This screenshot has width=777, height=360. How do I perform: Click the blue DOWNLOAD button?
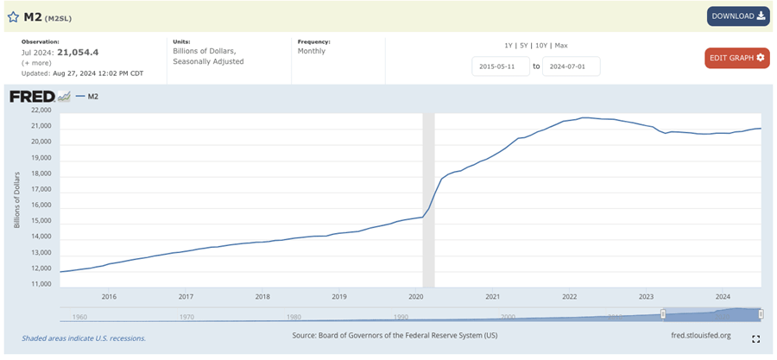pyautogui.click(x=738, y=16)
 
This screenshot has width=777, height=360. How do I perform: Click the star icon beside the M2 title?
pyautogui.click(x=13, y=16)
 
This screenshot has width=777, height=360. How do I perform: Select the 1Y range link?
pyautogui.click(x=509, y=45)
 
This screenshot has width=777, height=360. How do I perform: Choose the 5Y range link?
pyautogui.click(x=524, y=45)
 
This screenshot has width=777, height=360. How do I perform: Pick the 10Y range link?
pyautogui.click(x=541, y=45)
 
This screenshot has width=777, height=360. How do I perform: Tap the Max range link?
pyautogui.click(x=561, y=45)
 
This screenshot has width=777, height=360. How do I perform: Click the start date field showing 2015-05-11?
pyautogui.click(x=501, y=66)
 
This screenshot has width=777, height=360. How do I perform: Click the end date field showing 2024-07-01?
pyautogui.click(x=571, y=66)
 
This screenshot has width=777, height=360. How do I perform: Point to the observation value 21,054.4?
pyautogui.click(x=78, y=53)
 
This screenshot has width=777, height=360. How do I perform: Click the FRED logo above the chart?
pyautogui.click(x=32, y=96)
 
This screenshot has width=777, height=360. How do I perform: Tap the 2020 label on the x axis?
pyautogui.click(x=415, y=296)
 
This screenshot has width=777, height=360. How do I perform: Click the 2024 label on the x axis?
pyautogui.click(x=723, y=296)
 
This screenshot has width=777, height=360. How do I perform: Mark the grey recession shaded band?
pyautogui.click(x=427, y=199)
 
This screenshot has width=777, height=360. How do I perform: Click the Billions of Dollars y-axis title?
pyautogui.click(x=16, y=198)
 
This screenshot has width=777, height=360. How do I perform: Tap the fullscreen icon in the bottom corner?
pyautogui.click(x=756, y=339)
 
